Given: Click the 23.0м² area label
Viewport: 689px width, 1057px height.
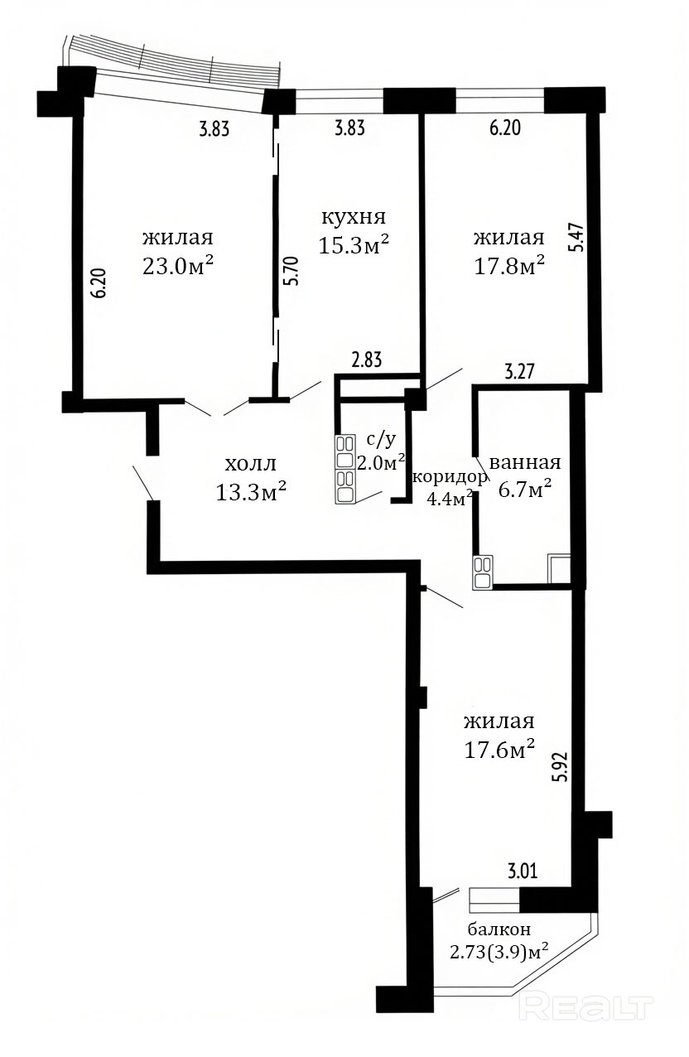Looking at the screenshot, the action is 177,267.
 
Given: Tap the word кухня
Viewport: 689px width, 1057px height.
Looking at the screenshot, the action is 354,217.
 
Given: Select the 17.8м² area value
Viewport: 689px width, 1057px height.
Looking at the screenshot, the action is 509,266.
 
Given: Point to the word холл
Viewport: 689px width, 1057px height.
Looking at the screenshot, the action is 250,465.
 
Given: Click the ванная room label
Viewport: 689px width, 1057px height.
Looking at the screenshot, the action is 525,462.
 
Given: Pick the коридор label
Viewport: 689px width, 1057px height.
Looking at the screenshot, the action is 450,477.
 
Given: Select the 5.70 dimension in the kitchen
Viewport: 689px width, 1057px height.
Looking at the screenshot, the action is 291,270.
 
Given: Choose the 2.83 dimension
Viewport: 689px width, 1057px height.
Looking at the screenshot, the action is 366,360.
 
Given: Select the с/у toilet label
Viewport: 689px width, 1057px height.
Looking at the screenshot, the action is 381,439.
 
